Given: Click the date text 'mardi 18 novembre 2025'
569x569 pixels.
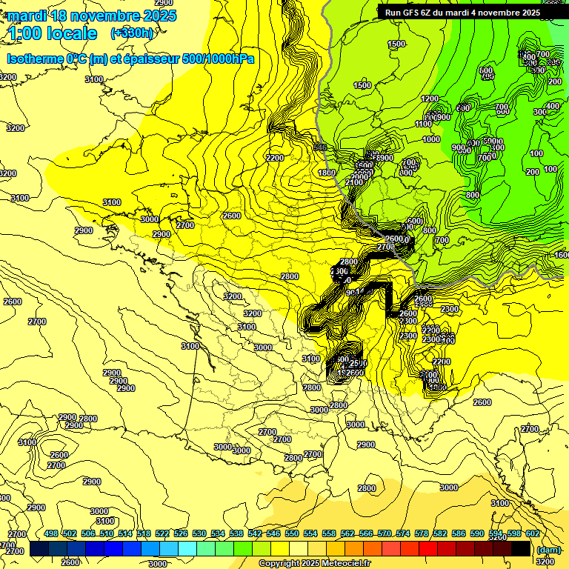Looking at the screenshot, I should click(92, 16).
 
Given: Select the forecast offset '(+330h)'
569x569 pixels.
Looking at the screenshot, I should click(132, 33).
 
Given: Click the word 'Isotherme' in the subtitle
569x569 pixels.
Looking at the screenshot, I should click(34, 59).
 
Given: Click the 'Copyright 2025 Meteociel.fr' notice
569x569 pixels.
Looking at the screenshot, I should click(315, 564).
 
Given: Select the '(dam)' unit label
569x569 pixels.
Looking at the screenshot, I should click(548, 550).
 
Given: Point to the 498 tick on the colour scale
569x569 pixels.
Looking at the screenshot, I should click(51, 534).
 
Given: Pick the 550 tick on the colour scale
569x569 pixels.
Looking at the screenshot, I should click(292, 534).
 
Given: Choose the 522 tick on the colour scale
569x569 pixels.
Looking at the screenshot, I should click(162, 534).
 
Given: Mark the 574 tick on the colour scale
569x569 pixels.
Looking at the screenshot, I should click(403, 534).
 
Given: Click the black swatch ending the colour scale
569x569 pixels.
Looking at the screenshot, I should click(521, 548).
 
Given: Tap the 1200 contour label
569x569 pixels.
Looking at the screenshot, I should click(430, 99).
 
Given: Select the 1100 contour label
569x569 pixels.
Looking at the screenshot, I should click(423, 124).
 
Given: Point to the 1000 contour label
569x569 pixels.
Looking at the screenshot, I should click(431, 139).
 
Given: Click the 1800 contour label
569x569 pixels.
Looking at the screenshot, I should click(327, 173).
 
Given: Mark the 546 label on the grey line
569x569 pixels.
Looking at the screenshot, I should click(320, 147).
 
